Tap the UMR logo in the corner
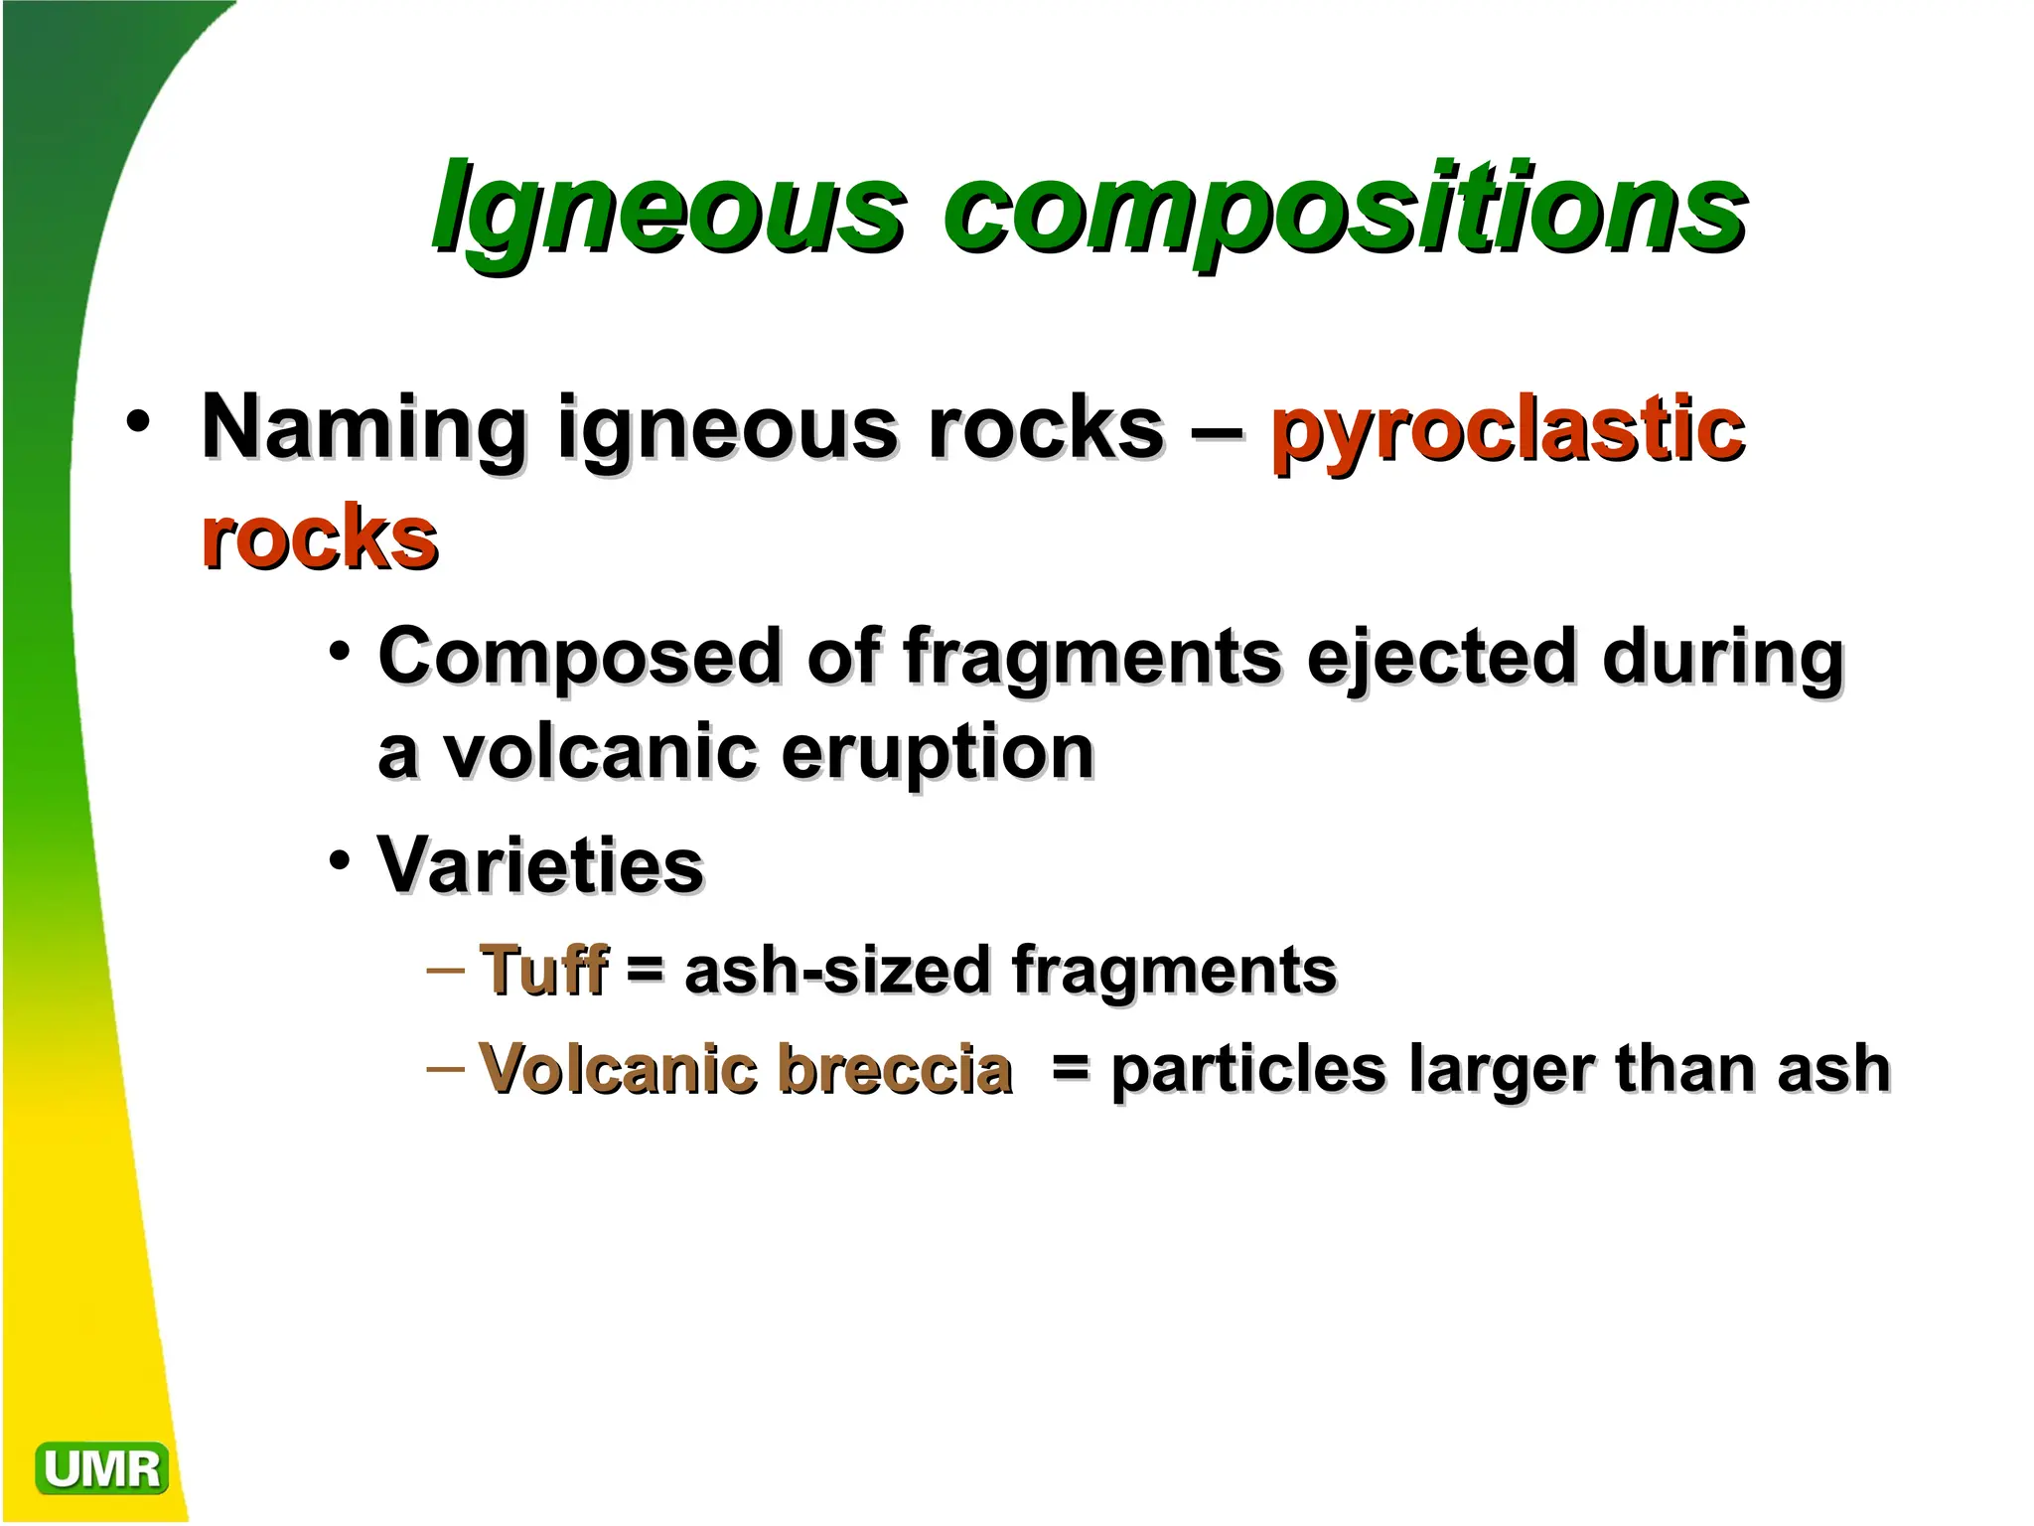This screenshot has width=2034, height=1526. (101, 1468)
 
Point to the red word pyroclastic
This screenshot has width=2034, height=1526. (1507, 429)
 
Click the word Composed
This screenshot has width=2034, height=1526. (580, 657)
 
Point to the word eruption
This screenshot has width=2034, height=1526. (938, 752)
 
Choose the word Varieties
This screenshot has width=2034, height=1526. (541, 865)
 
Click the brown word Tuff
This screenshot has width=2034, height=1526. (543, 970)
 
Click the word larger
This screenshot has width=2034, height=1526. (1499, 1070)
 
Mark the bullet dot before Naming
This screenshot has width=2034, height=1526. (138, 421)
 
